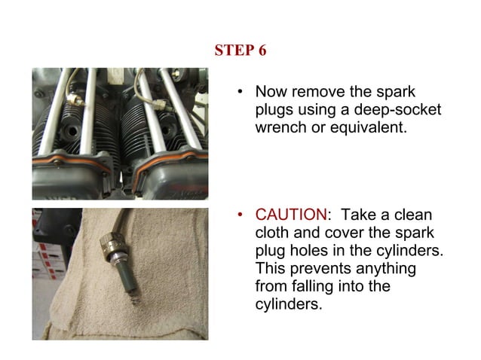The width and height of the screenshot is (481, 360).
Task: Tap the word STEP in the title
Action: [x=233, y=50]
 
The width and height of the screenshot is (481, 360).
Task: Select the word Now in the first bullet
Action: [x=271, y=93]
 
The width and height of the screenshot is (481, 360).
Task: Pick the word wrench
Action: [x=280, y=127]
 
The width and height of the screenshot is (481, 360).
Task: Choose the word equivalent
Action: [x=357, y=127]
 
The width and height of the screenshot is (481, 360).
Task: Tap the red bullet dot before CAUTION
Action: [x=240, y=218]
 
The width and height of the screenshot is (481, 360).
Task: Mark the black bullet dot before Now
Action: [x=240, y=93]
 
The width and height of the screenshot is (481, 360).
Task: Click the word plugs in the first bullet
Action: [x=273, y=111]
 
